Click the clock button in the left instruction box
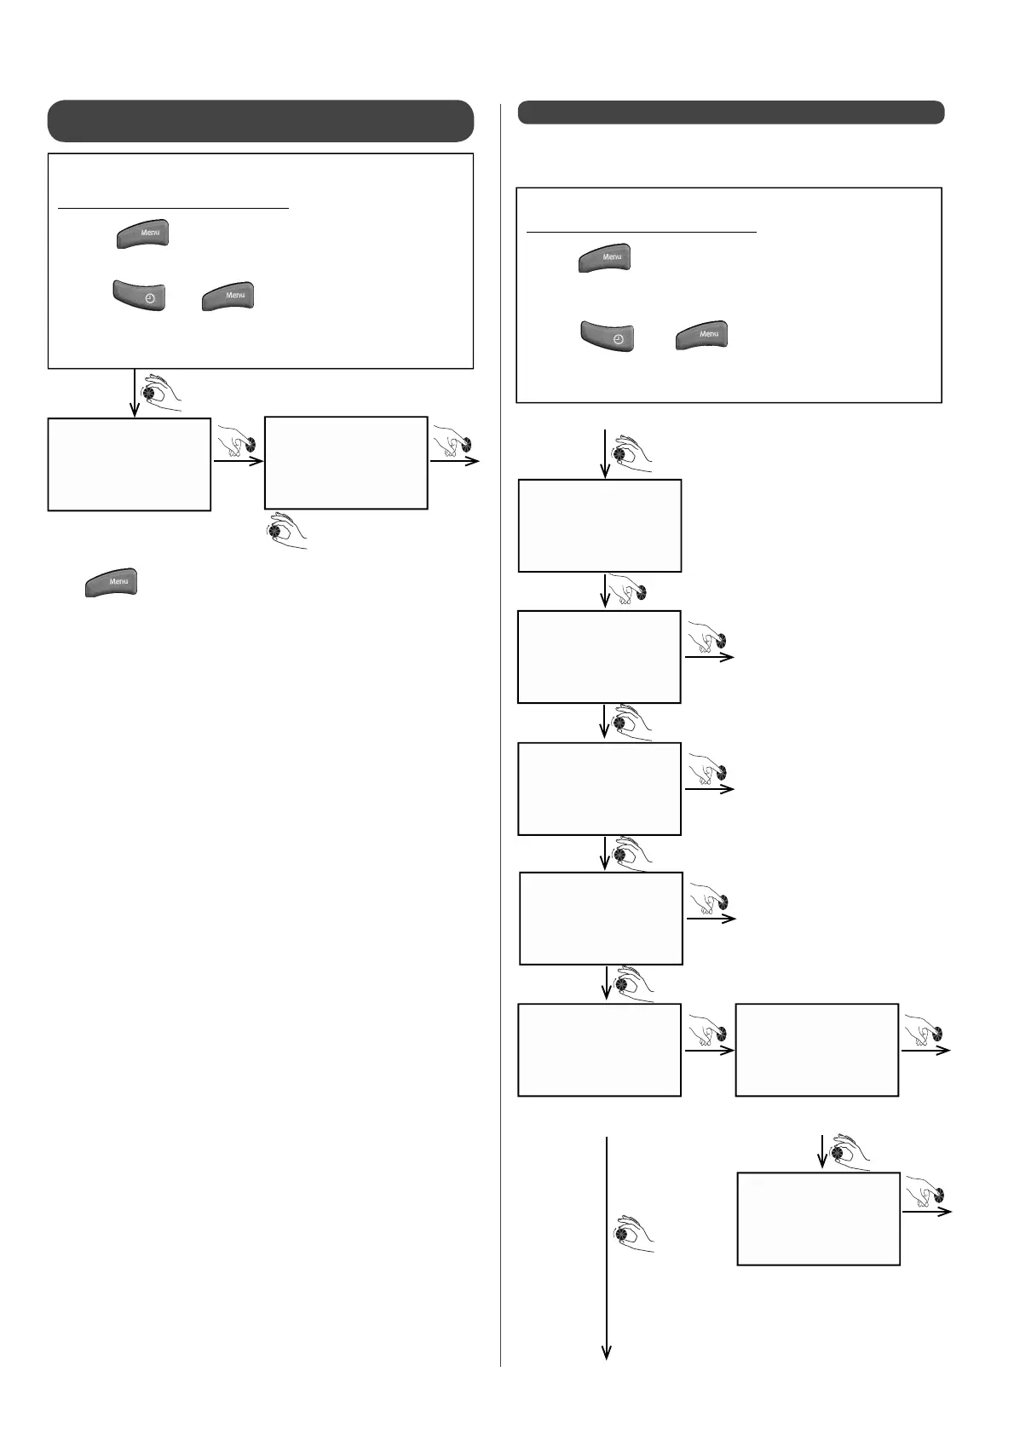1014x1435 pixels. [x=139, y=296]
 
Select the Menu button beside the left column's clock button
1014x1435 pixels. [x=228, y=296]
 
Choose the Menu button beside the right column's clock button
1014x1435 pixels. [x=702, y=335]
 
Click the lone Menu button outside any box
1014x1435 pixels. [x=111, y=582]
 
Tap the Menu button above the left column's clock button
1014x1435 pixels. [x=143, y=233]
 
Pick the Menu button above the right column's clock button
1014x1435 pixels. [x=605, y=257]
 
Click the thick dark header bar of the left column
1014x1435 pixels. [x=260, y=120]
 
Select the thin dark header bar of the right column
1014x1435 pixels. [x=731, y=112]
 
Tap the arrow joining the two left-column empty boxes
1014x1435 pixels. [x=238, y=462]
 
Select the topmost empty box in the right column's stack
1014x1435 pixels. [x=600, y=525]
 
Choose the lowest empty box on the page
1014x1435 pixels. [x=818, y=1219]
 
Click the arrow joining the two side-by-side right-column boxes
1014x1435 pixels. [x=708, y=1051]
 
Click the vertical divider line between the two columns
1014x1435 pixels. [x=500, y=733]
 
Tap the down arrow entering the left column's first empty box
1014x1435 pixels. [x=135, y=393]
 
